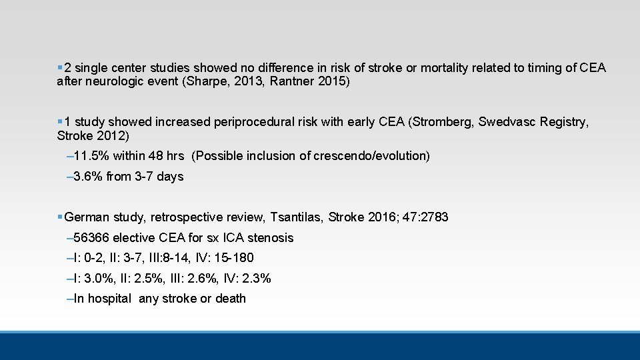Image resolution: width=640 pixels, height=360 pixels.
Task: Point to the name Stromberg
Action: click(442, 122)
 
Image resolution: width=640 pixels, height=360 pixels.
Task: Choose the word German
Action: click(86, 217)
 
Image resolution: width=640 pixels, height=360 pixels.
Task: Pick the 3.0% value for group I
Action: click(98, 279)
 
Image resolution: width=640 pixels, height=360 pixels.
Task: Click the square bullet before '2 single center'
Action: click(60, 67)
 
